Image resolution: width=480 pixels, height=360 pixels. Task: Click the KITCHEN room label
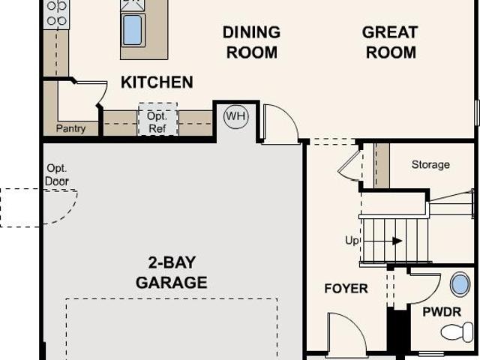pos(157,82)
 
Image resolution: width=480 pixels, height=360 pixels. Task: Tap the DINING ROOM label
pos(252,42)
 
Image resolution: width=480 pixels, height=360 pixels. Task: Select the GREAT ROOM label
pos(390,42)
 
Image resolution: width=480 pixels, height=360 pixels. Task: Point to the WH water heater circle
pos(236,116)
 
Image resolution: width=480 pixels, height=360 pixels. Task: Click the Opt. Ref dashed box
pos(158,119)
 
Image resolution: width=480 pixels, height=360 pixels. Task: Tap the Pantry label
pos(70,128)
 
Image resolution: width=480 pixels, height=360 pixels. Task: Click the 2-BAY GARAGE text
pos(172,272)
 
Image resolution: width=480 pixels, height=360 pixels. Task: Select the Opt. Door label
pos(57,175)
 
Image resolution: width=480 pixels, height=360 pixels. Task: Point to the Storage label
pos(430,164)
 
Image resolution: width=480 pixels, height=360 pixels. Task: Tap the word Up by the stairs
pos(352,241)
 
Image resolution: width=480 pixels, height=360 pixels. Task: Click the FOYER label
pos(346,288)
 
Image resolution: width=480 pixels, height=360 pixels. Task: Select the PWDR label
pos(442,312)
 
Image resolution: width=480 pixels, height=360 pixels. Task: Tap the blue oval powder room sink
pos(460,285)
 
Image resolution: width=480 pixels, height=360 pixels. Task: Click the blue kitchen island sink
pos(133,30)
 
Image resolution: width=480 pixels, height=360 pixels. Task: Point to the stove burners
pos(57,13)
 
